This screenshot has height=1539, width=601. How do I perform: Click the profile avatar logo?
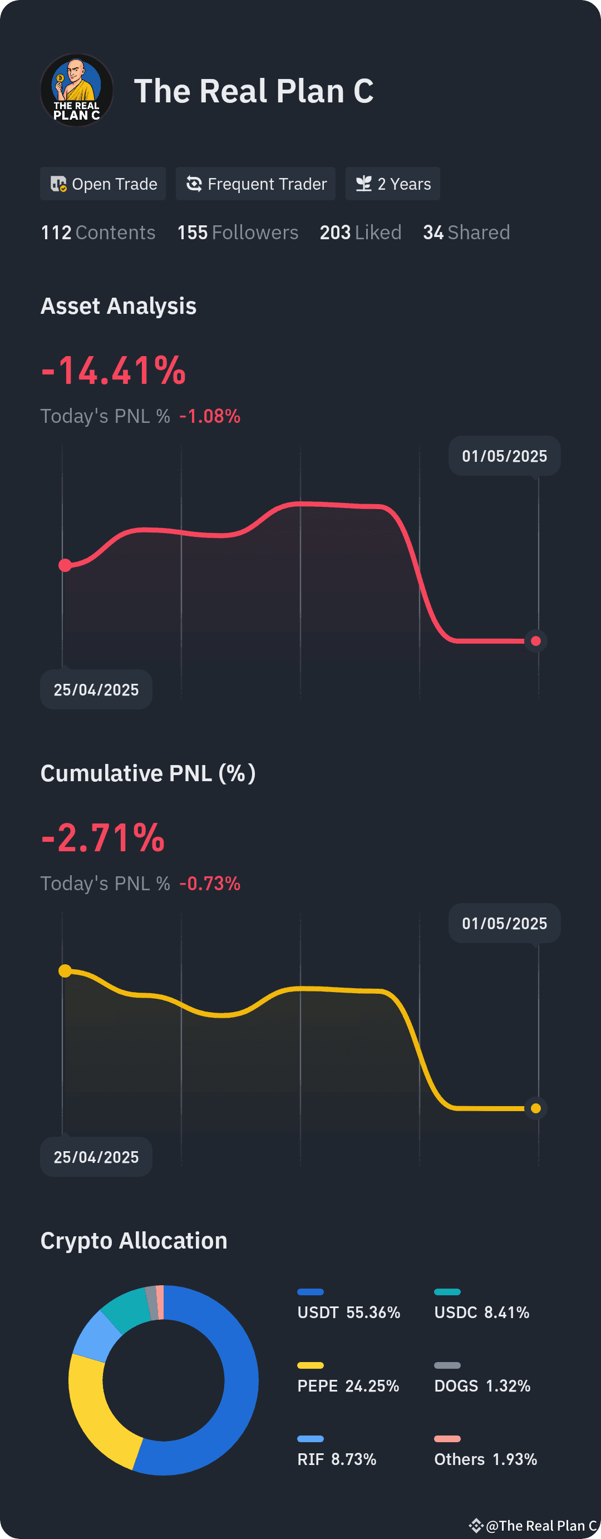[x=76, y=90]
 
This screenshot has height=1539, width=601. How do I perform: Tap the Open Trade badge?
[x=103, y=184]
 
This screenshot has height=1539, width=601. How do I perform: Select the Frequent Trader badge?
[x=255, y=184]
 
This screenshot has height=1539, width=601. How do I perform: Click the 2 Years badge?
[x=392, y=184]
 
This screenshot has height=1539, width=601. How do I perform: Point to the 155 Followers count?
[x=238, y=233]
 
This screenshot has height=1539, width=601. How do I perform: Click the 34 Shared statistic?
[x=466, y=233]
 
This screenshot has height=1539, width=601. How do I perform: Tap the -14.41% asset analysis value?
[x=114, y=371]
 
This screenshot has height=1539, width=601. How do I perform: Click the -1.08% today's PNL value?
[x=210, y=416]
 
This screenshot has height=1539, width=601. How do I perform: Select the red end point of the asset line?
[x=536, y=641]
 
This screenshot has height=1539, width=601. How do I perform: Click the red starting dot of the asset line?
[x=65, y=565]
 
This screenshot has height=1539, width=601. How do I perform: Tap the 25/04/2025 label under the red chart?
[x=96, y=689]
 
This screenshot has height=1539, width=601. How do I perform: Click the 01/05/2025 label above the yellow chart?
[x=505, y=923]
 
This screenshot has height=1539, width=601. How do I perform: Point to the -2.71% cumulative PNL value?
[x=103, y=837]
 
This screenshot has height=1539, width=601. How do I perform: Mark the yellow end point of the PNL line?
[x=536, y=1108]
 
